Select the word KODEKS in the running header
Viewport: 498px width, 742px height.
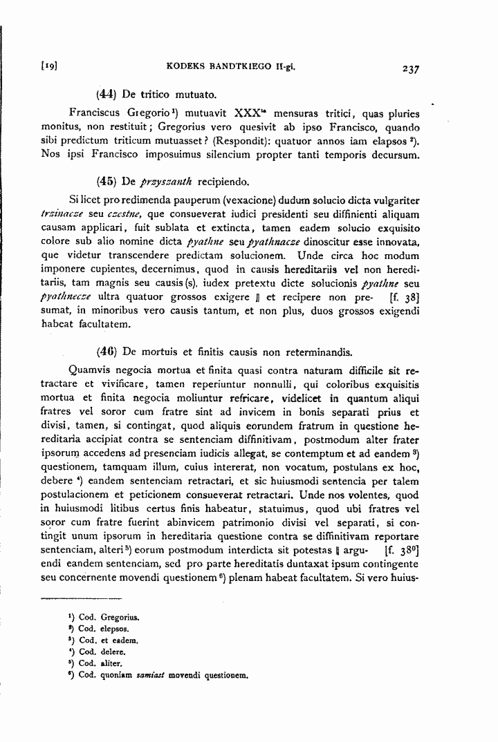185,68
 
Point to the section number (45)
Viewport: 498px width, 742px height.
107,182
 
